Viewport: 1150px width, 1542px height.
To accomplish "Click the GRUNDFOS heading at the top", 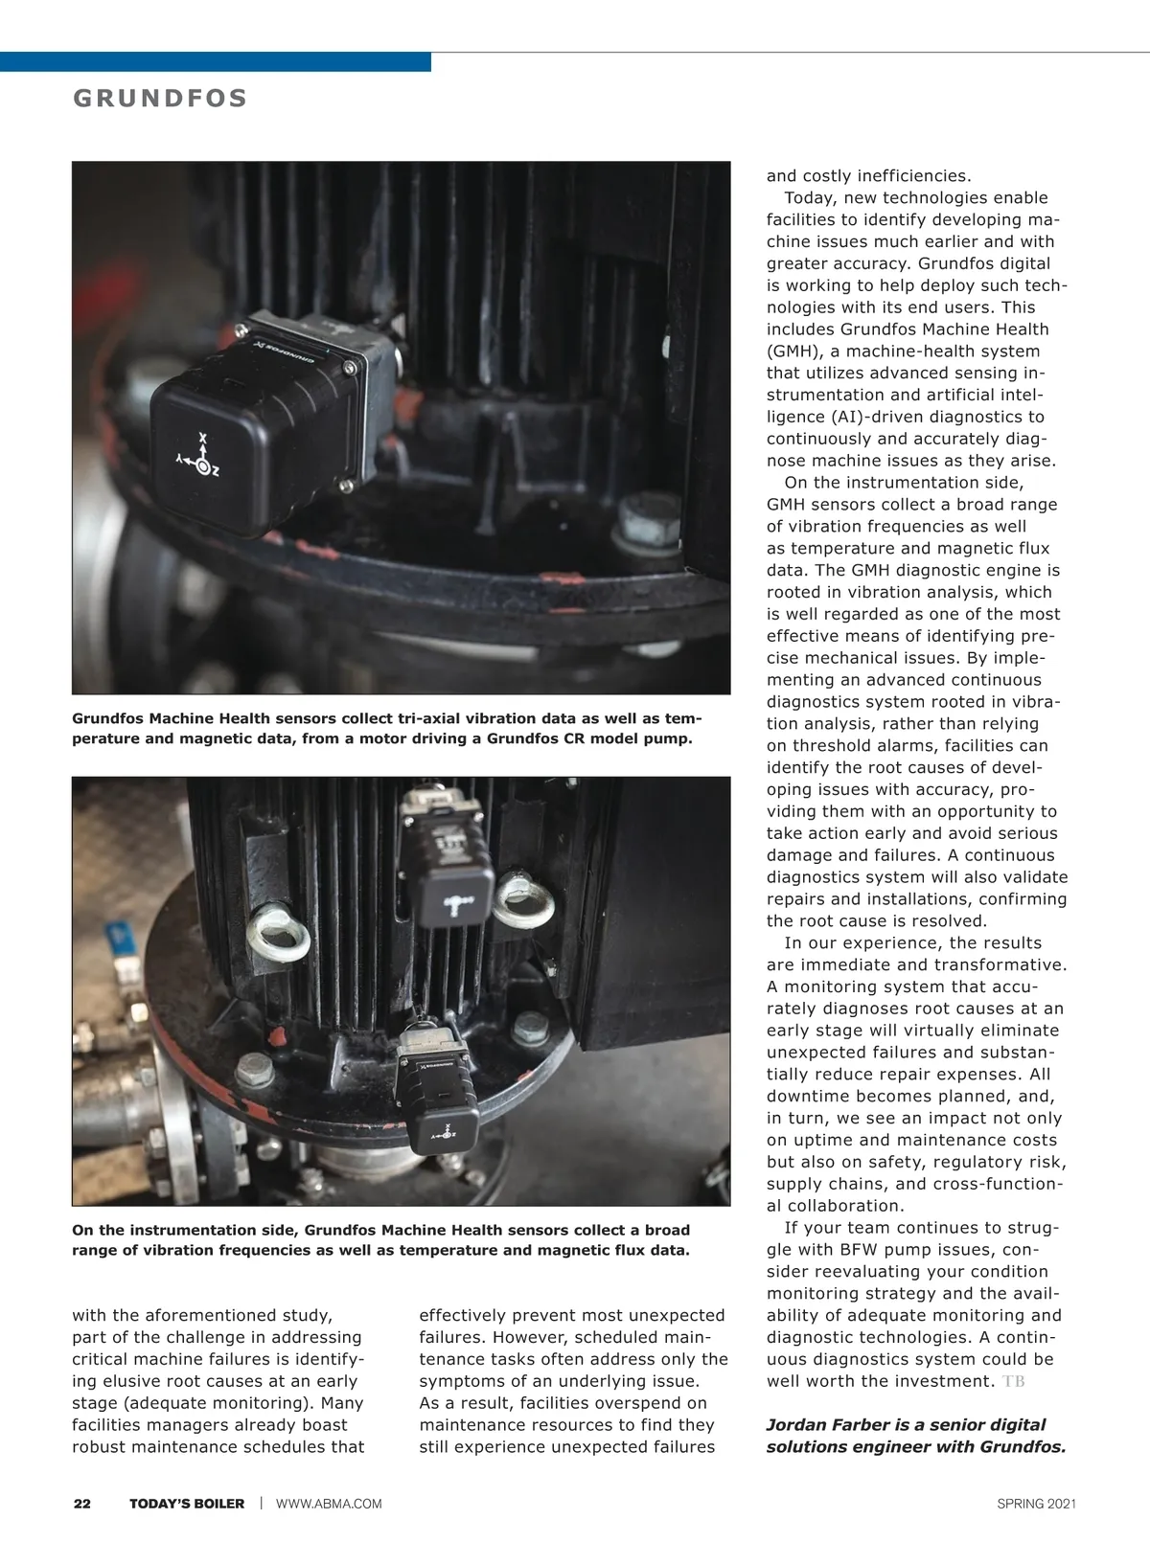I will (x=160, y=99).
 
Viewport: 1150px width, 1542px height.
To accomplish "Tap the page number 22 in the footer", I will (x=82, y=1504).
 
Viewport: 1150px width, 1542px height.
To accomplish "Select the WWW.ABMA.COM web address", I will (x=329, y=1504).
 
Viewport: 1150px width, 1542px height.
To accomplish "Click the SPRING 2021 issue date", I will (x=1036, y=1504).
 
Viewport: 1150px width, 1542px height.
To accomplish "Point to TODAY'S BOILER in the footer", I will (x=187, y=1504).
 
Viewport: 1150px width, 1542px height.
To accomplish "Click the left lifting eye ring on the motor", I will (x=278, y=933).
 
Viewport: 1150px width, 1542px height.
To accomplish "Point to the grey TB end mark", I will (x=1013, y=1381).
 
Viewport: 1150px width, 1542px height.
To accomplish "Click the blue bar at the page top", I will (x=215, y=61).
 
